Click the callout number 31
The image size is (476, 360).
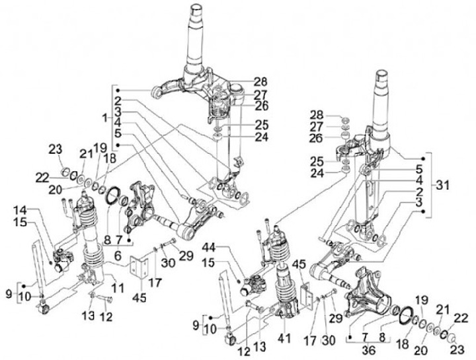(442, 186)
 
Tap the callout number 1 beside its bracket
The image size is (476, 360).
(105, 118)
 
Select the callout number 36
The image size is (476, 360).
(368, 350)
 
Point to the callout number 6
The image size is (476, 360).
(117, 256)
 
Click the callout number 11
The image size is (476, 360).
(118, 288)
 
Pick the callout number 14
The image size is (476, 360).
(20, 209)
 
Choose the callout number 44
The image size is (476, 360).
(216, 248)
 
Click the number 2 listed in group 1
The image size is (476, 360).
(118, 100)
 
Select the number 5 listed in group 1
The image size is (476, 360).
(118, 133)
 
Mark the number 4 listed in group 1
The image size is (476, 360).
(118, 122)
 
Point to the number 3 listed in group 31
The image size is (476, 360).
(419, 202)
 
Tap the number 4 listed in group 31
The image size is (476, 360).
(419, 180)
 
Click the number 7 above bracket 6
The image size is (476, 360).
(118, 240)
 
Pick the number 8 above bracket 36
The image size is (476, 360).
(383, 337)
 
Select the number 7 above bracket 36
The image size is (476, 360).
(364, 337)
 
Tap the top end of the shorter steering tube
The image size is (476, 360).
(382, 73)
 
